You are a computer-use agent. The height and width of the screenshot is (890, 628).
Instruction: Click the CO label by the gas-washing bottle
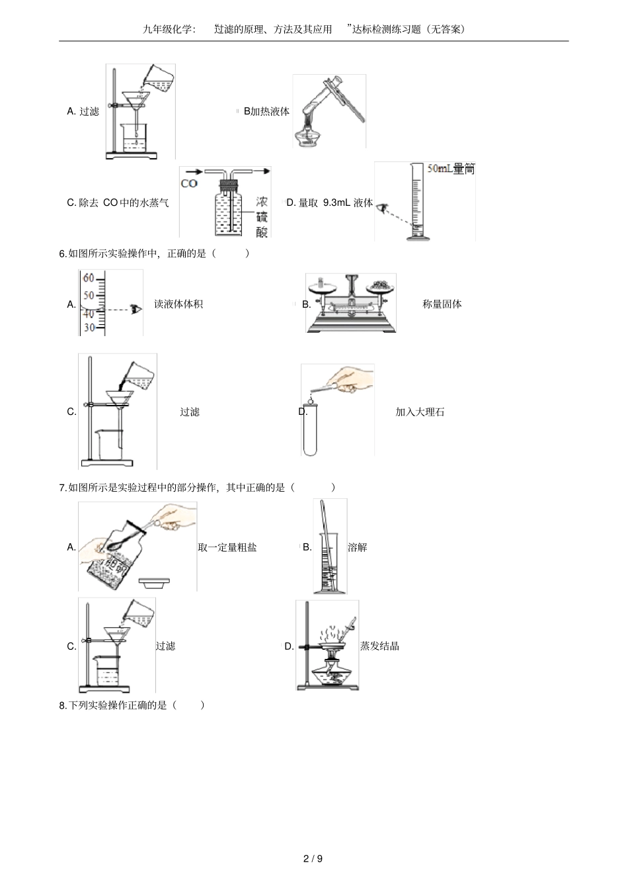click(189, 183)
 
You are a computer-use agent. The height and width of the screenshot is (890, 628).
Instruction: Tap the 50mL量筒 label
click(450, 169)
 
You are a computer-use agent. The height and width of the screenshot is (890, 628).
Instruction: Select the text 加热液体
click(270, 111)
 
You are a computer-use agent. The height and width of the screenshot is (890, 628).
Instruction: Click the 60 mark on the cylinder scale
click(89, 279)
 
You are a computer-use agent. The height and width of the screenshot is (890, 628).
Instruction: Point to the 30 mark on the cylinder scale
click(89, 327)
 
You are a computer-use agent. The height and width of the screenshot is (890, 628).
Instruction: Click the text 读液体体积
click(178, 304)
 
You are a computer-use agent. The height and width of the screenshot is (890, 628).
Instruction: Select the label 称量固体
click(442, 304)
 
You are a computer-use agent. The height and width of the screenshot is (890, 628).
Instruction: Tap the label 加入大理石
click(420, 412)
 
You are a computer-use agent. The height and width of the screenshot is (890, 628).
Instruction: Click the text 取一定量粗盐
click(227, 547)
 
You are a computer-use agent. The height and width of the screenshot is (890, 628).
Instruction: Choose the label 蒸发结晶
click(379, 646)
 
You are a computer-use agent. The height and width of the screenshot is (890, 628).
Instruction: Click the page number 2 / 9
click(313, 859)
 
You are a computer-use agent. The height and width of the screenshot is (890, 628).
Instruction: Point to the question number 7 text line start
click(63, 488)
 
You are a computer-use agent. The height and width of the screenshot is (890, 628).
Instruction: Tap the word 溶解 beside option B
click(357, 547)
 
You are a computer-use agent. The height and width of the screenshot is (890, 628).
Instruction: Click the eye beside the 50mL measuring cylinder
click(382, 208)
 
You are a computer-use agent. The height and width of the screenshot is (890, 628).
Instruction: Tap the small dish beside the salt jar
click(155, 582)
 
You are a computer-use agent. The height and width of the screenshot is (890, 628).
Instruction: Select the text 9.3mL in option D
click(336, 203)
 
